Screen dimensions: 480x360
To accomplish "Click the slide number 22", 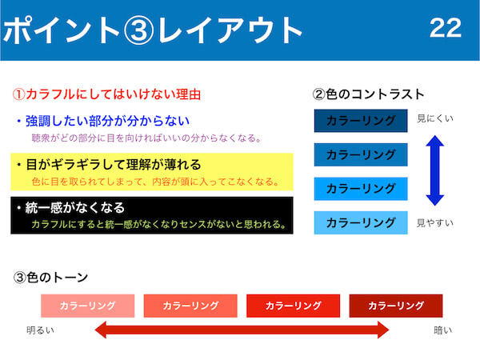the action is coord(446,28).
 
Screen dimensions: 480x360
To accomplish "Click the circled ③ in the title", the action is coord(138,30).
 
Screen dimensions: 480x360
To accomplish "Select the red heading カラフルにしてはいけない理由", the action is coord(113,94).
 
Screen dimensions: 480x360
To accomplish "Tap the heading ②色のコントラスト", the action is coord(368,94).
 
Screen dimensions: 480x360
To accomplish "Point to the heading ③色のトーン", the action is coord(50,278).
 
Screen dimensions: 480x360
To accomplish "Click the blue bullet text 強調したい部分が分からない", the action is coord(107,121).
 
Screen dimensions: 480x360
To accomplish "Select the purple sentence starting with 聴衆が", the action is coord(146,138).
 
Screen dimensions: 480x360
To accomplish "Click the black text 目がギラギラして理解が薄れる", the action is coord(114,164).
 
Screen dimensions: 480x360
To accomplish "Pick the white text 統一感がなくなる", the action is coord(74,207).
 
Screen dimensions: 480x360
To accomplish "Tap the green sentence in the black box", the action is coord(158,224).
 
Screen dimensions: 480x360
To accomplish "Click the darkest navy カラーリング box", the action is coord(361,121).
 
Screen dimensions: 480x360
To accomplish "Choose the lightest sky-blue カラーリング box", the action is coord(361,222).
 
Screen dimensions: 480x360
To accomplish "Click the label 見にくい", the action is coord(435,118).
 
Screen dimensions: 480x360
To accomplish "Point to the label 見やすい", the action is coord(435,223).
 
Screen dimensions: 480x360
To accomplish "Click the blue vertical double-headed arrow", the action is coord(434,170).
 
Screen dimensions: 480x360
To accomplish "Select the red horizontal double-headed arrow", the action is coord(242,330).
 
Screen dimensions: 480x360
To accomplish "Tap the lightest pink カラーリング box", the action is coord(87,306).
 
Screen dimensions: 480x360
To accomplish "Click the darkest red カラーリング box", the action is coord(396,306).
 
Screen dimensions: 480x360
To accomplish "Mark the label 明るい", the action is coord(41,330).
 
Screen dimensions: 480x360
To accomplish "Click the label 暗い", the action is coord(443,330).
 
